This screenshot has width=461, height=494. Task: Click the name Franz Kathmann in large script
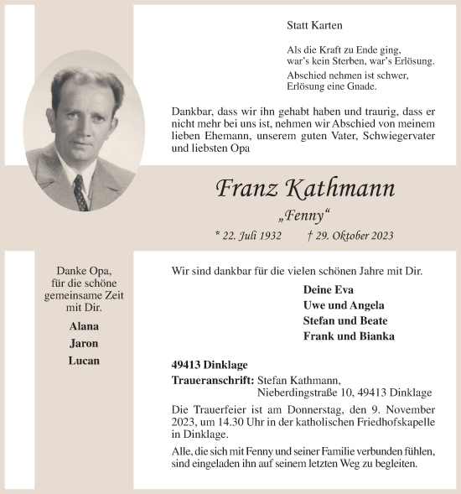[305, 188]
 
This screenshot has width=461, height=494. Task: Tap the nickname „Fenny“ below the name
[306, 216]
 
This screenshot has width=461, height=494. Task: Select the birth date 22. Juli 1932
[248, 237]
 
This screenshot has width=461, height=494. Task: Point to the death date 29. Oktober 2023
[350, 237]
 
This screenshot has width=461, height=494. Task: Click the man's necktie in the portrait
[80, 192]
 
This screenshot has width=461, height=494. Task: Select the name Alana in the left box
[84, 326]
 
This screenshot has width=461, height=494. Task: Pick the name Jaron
[84, 343]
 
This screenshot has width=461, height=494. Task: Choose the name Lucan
[84, 361]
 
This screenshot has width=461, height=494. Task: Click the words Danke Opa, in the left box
[84, 272]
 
